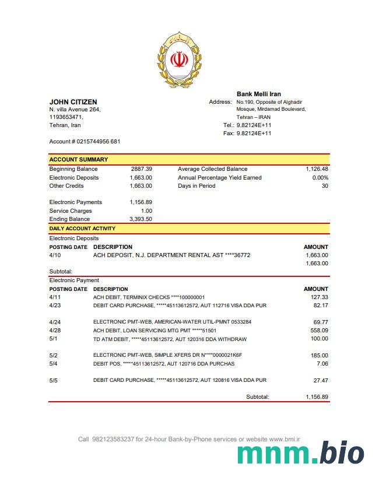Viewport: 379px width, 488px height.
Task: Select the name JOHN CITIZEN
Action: [73, 102]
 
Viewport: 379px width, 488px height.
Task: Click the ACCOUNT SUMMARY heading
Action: [78, 159]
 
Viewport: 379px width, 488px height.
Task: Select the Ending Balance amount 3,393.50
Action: [141, 219]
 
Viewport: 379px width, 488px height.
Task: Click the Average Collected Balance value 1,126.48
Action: [317, 169]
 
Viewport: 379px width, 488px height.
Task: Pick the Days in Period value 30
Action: [325, 186]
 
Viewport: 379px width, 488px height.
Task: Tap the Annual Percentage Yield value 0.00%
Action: [320, 178]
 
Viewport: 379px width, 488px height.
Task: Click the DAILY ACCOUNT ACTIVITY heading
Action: [82, 229]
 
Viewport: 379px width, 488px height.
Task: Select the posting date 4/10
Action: [55, 255]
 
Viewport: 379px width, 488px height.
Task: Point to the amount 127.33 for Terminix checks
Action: [320, 297]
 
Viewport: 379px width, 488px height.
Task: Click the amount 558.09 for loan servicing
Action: [320, 331]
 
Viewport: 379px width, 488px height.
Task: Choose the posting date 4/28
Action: [55, 331]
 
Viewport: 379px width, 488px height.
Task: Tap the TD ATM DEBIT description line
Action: [170, 339]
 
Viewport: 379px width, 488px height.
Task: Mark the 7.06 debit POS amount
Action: [322, 364]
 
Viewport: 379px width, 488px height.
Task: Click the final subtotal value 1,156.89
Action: [317, 397]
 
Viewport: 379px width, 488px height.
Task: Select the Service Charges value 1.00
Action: [146, 211]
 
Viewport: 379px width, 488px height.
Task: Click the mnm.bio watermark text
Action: [301, 454]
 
